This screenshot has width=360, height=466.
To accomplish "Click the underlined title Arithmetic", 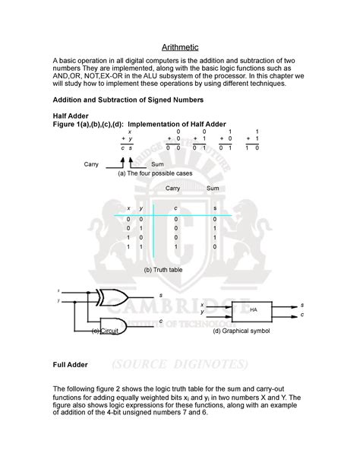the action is click(179, 47).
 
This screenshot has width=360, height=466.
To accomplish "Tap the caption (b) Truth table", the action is click(163, 269).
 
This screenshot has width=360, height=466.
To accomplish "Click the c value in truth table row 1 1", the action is click(175, 246).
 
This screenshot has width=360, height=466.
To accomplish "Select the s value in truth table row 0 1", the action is click(214, 227).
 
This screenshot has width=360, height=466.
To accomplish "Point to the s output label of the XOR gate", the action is click(160, 295).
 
